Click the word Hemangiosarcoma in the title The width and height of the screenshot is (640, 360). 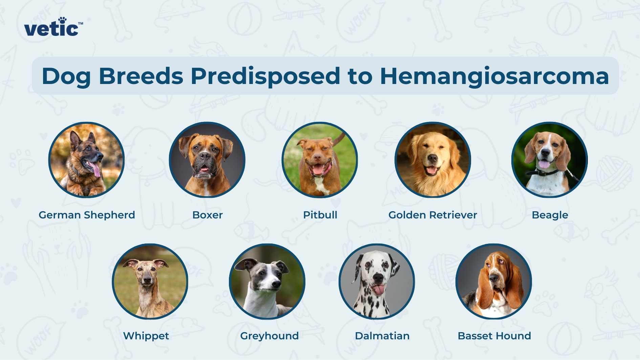[494, 76]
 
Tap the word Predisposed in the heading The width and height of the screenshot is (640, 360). [265, 76]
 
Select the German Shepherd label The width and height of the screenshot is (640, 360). [87, 215]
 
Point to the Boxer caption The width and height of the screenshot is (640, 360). [207, 215]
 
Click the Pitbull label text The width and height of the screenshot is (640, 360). [320, 215]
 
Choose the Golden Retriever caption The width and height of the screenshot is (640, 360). [432, 215]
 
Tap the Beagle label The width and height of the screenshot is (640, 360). [550, 215]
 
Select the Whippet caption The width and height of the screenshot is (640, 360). [146, 336]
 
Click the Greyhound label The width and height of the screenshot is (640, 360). [269, 336]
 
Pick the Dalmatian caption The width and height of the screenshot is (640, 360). [382, 336]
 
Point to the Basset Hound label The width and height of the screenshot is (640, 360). [494, 336]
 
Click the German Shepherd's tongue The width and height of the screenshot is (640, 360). [96, 169]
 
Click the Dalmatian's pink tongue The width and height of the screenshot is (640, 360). [378, 290]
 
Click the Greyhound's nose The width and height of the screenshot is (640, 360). [276, 284]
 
